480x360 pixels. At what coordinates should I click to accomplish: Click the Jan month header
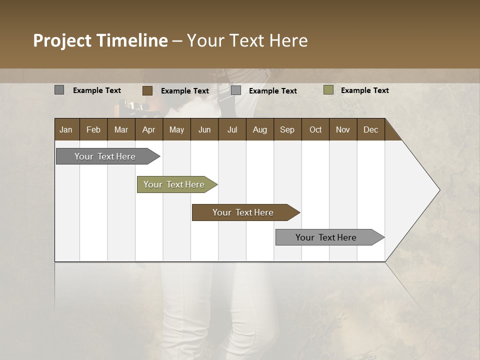[66, 129]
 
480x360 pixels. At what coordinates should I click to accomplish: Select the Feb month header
[93, 129]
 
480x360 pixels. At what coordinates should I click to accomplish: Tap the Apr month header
[148, 129]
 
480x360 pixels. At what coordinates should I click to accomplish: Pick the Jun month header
[204, 129]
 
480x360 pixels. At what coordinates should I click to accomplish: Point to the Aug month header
[259, 129]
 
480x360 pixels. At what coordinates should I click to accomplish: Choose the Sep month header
[287, 129]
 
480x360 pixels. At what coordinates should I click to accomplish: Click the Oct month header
[315, 129]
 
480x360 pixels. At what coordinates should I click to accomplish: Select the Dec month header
[370, 129]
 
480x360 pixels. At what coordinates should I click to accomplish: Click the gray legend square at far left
[59, 90]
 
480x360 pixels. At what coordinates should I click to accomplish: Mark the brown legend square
[147, 90]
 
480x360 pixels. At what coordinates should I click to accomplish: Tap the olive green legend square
[328, 90]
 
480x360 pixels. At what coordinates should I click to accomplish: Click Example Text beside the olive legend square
[364, 90]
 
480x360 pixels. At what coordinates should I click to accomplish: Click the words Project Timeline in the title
[100, 40]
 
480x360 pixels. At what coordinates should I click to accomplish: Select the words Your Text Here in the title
[247, 40]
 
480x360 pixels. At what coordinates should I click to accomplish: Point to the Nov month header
[342, 129]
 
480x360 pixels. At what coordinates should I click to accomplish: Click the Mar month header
[121, 129]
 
